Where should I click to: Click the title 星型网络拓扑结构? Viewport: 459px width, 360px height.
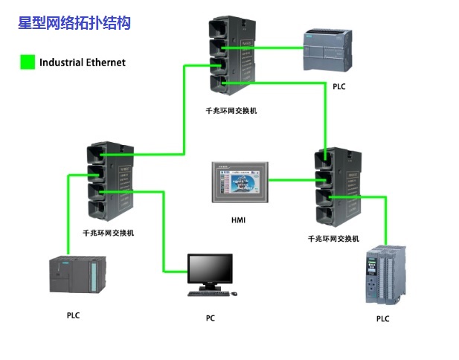pyautogui.click(x=74, y=23)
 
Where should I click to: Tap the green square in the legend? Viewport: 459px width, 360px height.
pyautogui.click(x=28, y=62)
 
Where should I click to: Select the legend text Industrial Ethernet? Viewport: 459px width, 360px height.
pyautogui.click(x=83, y=62)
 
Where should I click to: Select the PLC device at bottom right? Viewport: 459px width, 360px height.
pyautogui.click(x=385, y=277)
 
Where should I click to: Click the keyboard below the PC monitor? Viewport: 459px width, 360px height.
pyautogui.click(x=210, y=293)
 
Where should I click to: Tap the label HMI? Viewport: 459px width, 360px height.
pyautogui.click(x=238, y=220)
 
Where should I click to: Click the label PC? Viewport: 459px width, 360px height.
pyautogui.click(x=211, y=318)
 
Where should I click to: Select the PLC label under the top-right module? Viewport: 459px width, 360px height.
pyautogui.click(x=339, y=87)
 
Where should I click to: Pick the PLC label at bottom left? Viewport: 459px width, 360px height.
pyautogui.click(x=73, y=315)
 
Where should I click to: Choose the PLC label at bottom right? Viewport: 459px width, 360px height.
pyautogui.click(x=382, y=319)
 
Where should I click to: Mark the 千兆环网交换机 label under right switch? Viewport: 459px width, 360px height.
pyautogui.click(x=333, y=239)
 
